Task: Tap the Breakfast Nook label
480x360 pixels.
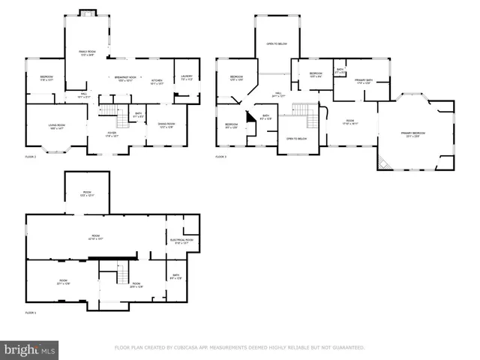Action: click(x=125, y=78)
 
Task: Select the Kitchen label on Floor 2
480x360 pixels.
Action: click(x=157, y=81)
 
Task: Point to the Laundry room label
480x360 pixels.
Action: click(x=187, y=76)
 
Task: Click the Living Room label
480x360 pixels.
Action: click(x=56, y=128)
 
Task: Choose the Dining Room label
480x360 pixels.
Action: click(x=166, y=125)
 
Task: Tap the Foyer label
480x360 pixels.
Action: click(x=113, y=135)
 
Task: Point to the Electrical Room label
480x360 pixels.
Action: click(x=184, y=241)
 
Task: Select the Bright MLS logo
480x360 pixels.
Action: click(x=29, y=349)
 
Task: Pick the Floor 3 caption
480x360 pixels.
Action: click(x=221, y=157)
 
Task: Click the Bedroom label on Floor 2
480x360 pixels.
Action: click(x=46, y=78)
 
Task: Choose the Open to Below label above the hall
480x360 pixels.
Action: click(x=277, y=43)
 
